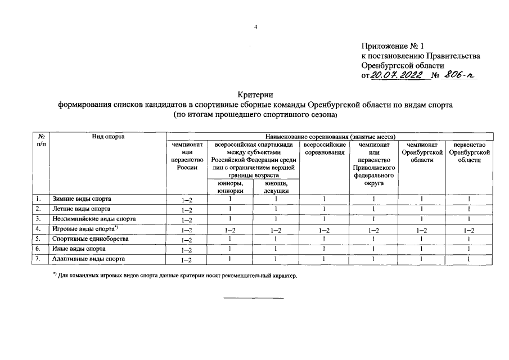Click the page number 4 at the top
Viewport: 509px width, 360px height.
coord(255,26)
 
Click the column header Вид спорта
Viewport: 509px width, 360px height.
coord(108,137)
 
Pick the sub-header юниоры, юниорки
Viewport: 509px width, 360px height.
coord(230,187)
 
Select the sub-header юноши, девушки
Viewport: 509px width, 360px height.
coord(276,187)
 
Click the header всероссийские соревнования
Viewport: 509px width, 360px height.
coord(324,149)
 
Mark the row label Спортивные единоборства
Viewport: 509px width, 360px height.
coord(91,239)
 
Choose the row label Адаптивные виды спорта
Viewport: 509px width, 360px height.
coord(89,259)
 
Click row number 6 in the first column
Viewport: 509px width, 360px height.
coord(38,249)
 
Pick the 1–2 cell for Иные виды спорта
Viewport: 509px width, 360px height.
coord(187,250)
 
